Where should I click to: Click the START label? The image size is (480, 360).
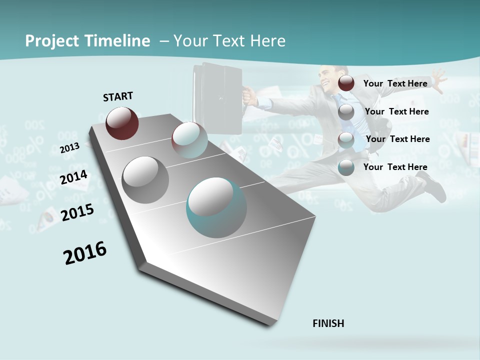pos(118,96)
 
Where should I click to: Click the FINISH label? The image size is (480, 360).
pos(328,323)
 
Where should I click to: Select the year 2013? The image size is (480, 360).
pos(69,147)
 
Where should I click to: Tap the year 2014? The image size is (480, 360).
pos(73,177)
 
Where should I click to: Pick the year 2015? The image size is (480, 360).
pos(77,212)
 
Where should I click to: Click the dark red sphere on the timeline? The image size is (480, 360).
pos(122,123)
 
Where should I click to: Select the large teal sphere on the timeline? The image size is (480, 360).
pos(216,207)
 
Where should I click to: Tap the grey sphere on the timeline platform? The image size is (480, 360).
pos(145,180)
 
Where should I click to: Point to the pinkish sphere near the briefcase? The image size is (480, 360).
pos(189,140)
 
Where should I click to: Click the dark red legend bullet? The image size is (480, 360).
pos(346,83)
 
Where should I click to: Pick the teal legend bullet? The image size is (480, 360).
pos(346,167)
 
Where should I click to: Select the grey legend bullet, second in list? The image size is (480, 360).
pos(346,112)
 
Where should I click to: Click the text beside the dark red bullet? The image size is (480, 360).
pos(395,83)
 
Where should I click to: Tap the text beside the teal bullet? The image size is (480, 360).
pos(395,167)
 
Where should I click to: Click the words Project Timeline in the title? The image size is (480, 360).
pos(87,41)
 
